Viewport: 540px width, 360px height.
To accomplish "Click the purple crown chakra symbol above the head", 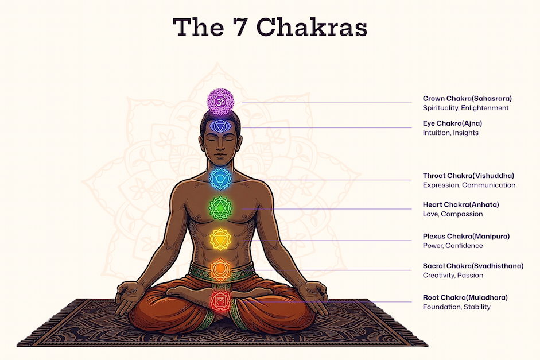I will click(220, 102).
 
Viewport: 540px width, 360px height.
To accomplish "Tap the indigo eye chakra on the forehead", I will click(220, 127).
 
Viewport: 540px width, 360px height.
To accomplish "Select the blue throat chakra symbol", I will click(220, 179).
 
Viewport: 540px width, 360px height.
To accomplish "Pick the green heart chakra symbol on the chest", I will click(220, 207).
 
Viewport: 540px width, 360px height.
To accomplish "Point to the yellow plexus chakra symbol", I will click(220, 238).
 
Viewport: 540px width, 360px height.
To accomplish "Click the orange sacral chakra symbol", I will click(220, 268).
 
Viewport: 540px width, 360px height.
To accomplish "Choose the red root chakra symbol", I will click(220, 300).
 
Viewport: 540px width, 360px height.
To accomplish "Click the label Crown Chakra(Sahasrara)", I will click(467, 99).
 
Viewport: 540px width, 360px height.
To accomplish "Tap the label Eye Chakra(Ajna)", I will click(452, 123).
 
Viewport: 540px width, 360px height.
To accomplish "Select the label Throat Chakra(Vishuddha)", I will click(468, 176).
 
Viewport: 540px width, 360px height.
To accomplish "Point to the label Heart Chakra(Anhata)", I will click(461, 204).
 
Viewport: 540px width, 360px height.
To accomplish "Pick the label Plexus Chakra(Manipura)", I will click(466, 236).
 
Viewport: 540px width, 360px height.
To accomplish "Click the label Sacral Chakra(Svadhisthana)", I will click(473, 266).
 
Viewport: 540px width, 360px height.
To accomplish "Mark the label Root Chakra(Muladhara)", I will click(465, 297).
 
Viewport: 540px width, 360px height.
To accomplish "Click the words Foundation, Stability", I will click(456, 307).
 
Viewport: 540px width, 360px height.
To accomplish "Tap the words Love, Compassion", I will click(453, 214).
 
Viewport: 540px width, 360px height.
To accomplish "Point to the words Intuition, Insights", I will click(450, 133).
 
